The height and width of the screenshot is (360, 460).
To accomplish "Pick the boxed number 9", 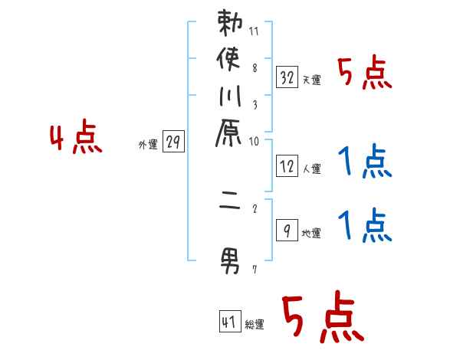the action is pyautogui.click(x=287, y=229).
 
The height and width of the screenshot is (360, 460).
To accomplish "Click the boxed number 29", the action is pyautogui.click(x=173, y=142).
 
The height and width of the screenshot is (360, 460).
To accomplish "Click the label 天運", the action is pyautogui.click(x=311, y=80).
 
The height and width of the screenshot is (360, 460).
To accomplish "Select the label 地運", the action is pyautogui.click(x=311, y=233).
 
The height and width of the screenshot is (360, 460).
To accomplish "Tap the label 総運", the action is pyautogui.click(x=255, y=325).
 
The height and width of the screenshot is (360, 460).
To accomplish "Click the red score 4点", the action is pyautogui.click(x=75, y=139).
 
